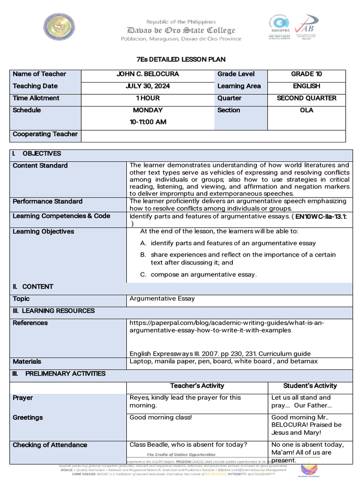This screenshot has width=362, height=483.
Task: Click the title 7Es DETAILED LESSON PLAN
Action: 181,59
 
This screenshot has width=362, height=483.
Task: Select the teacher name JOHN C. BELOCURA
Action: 148,74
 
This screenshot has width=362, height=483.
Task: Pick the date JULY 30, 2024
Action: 148,86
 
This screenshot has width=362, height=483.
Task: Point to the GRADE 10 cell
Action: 306,74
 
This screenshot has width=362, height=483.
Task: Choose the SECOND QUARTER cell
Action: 306,98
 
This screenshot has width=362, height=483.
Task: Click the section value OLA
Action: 306,110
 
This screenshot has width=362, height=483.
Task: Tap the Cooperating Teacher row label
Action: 45,134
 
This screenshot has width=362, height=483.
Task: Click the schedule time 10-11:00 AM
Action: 148,122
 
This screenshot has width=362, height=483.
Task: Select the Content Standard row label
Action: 40,166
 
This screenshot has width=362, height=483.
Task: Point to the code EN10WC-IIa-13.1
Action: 321,216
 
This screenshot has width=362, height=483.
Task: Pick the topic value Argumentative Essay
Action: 162,299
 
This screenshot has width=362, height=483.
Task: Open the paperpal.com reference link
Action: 227,326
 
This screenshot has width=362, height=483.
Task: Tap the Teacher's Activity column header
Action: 197,386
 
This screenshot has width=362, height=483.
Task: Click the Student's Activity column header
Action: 310,386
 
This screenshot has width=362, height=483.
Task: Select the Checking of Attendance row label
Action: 50,445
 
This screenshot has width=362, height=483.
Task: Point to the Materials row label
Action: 27,362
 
